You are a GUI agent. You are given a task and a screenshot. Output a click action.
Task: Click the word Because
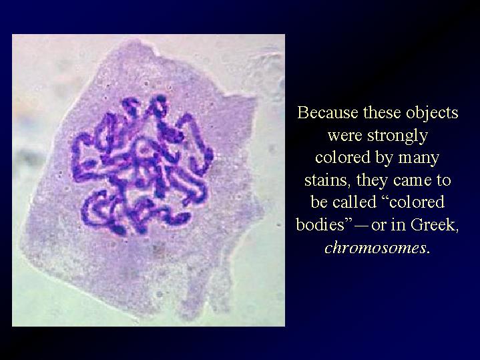(x=328, y=112)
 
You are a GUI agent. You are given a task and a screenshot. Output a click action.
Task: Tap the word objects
(x=432, y=113)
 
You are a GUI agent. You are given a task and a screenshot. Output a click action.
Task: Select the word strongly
(x=397, y=136)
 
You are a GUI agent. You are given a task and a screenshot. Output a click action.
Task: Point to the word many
(x=419, y=159)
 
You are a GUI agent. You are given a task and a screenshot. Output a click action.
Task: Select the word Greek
(x=435, y=225)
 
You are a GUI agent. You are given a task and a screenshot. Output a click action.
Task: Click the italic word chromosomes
(x=375, y=247)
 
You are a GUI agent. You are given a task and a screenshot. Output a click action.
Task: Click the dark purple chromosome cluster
(x=142, y=166)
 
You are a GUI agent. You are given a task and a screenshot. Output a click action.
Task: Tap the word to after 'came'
(x=443, y=181)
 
